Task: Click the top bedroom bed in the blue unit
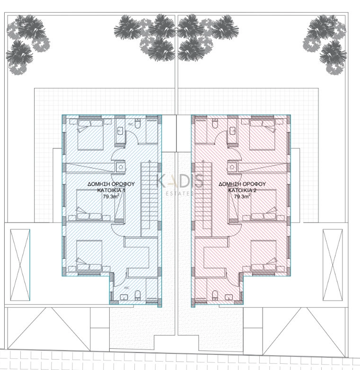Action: click(89, 134)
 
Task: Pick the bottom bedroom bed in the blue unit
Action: click(89, 256)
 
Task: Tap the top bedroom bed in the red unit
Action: click(263, 134)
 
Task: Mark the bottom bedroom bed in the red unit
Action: click(263, 256)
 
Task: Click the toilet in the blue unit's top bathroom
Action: click(137, 124)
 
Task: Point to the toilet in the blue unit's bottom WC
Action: click(137, 296)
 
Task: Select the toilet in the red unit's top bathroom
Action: click(215, 124)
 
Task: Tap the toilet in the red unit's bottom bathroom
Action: click(215, 296)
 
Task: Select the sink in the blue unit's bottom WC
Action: click(124, 297)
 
